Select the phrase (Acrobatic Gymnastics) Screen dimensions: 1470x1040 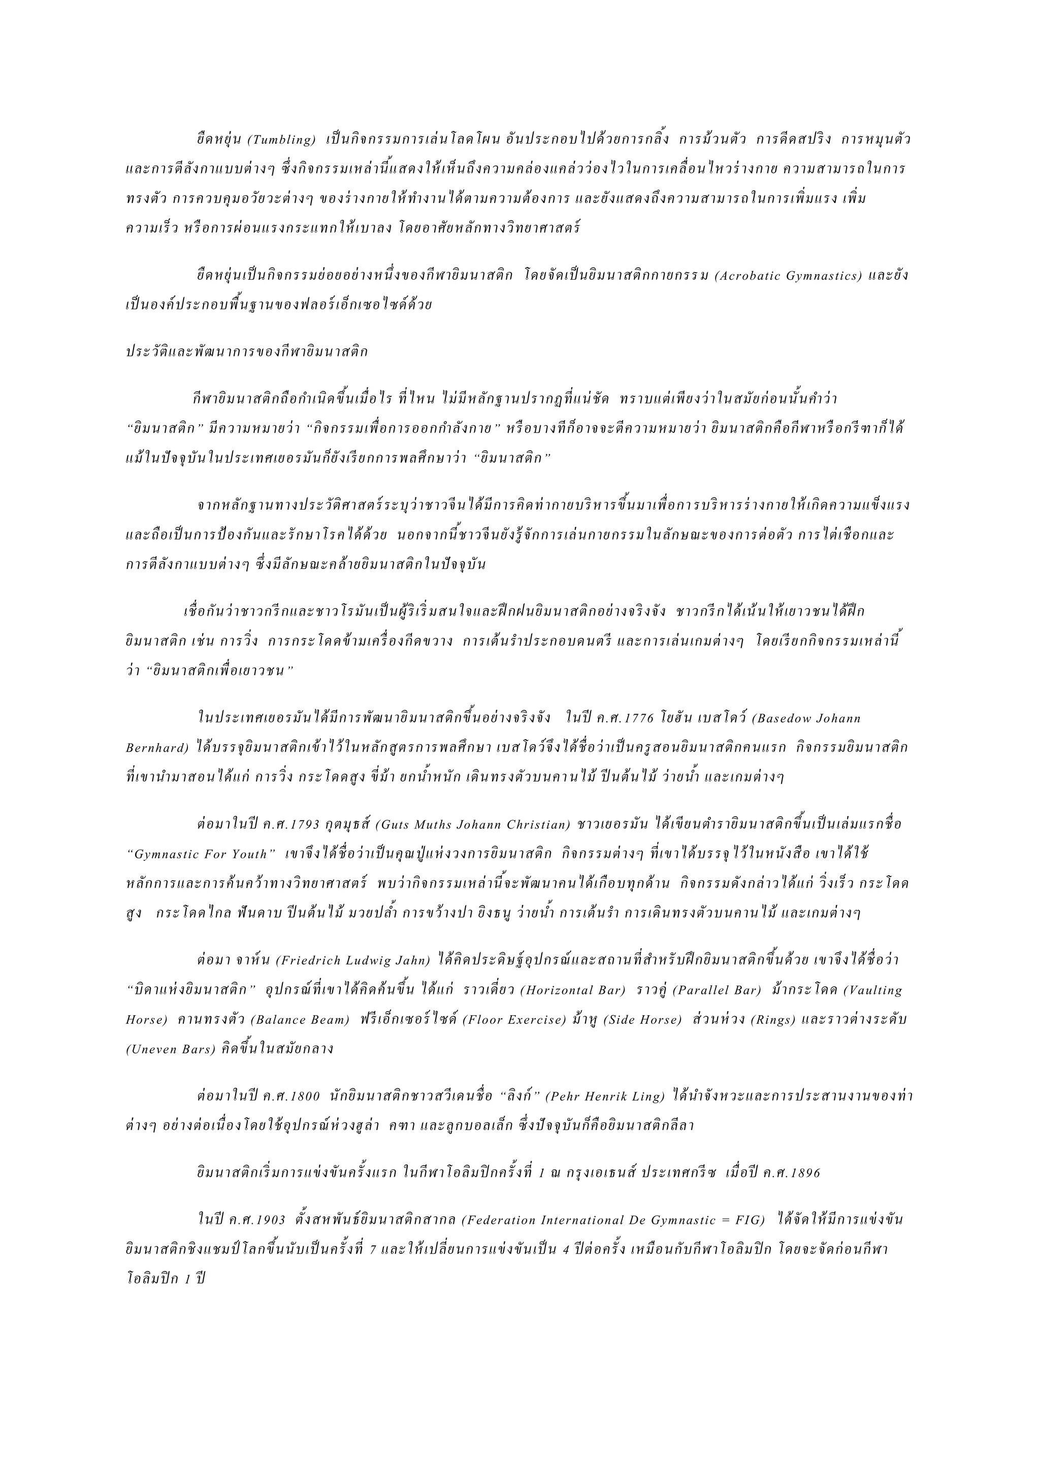pos(788,276)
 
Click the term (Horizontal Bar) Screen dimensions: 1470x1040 pos(572,990)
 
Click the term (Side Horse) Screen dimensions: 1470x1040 pos(642,1020)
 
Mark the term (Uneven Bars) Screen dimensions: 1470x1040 pos(170,1050)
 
